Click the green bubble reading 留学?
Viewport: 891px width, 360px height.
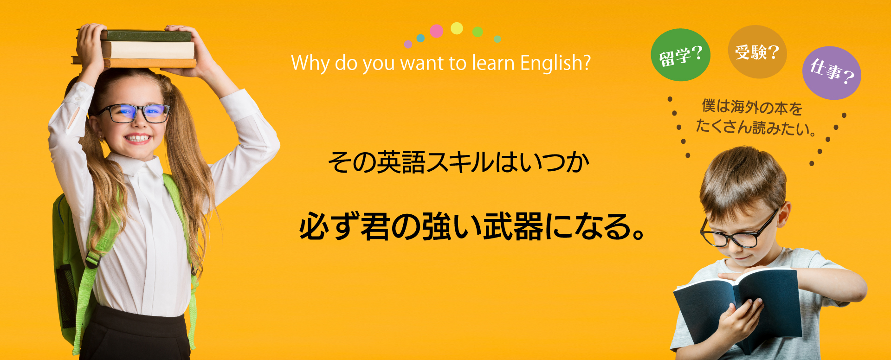point(680,55)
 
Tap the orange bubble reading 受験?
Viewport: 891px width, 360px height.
point(757,51)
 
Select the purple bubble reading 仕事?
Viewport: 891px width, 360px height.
point(832,73)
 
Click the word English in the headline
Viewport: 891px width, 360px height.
point(555,64)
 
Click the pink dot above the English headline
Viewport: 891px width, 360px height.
point(436,31)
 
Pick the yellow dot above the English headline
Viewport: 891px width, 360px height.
point(457,28)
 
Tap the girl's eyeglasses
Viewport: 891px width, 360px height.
point(133,113)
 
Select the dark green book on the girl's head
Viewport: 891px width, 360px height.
point(146,36)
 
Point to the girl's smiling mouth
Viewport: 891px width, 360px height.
point(138,138)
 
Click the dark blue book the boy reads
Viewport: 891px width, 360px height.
point(738,306)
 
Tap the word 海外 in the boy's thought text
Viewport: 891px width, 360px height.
point(745,107)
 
